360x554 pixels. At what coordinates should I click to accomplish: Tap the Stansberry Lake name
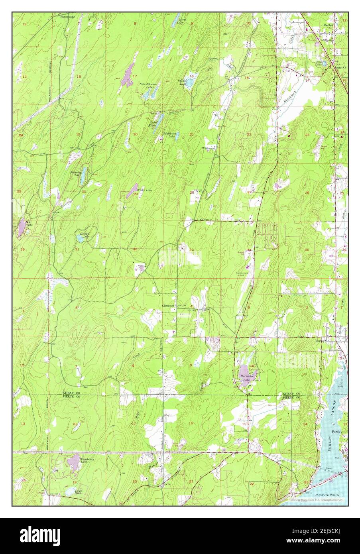pos(78,460)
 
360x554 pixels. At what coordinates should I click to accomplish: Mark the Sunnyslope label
pos(67,17)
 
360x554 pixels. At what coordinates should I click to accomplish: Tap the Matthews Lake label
pos(170,135)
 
